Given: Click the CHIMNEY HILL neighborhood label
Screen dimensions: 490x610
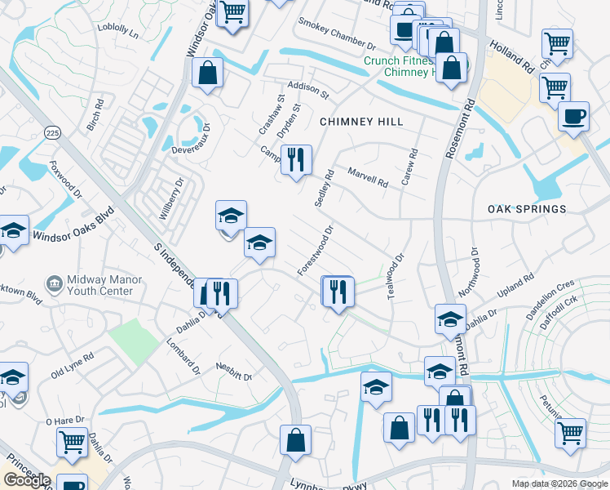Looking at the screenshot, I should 361,121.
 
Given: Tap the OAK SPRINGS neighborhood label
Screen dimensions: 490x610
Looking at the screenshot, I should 527,209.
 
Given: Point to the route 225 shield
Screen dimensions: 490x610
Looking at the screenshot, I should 53,132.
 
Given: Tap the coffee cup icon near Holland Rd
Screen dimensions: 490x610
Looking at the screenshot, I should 573,116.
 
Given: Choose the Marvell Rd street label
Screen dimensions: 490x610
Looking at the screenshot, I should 367,177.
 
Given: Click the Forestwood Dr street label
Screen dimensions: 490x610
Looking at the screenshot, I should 316,250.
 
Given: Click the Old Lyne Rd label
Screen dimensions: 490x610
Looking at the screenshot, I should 72,365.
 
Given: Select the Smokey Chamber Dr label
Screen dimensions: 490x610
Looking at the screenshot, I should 336,33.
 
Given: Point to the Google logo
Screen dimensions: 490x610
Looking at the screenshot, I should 27,480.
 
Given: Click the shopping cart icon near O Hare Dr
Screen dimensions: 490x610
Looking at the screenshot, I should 72,442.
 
